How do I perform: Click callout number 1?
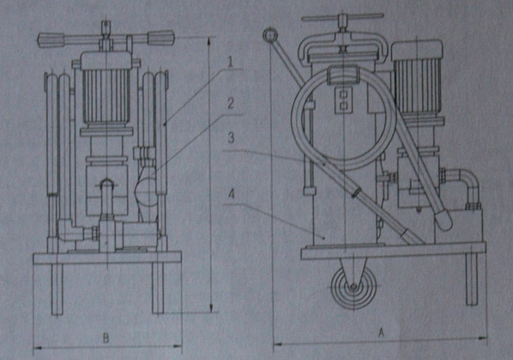click(231, 62)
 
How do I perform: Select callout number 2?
click(231, 104)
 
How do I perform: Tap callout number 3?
click(231, 137)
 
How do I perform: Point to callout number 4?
click(232, 195)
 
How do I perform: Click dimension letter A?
click(381, 333)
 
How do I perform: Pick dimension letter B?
click(106, 338)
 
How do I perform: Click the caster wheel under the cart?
click(353, 288)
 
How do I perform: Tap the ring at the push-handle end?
click(270, 34)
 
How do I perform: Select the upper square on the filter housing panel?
click(343, 94)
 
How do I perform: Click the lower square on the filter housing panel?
click(343, 105)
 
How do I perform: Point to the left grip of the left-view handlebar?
click(51, 39)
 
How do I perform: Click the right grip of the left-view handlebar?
click(161, 37)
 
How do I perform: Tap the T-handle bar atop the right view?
click(342, 17)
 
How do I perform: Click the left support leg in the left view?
click(57, 289)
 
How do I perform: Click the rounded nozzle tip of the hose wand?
click(444, 222)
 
